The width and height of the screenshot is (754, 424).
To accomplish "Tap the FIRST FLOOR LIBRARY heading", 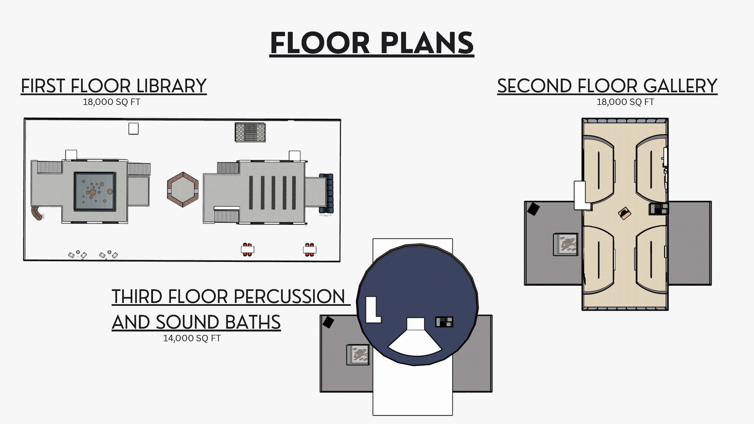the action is click(114, 86).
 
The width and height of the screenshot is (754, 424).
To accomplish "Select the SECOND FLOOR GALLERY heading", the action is click(607, 86).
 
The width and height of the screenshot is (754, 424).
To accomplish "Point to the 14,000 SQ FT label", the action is click(192, 338).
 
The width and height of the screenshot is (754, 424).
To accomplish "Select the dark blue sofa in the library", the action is click(326, 193).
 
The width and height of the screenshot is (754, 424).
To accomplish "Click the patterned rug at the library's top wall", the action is click(250, 132).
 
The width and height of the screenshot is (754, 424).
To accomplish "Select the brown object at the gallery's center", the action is click(624, 213).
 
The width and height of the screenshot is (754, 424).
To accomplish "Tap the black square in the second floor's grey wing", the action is click(533, 209).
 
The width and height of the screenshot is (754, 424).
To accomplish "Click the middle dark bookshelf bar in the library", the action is click(273, 193).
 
